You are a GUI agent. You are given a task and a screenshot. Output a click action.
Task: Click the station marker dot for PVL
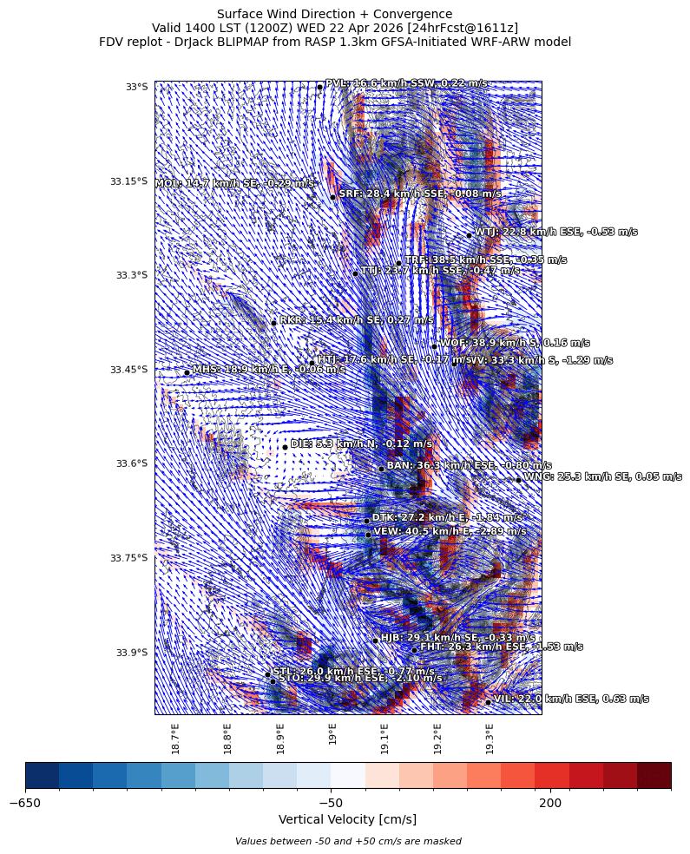tap(319, 87)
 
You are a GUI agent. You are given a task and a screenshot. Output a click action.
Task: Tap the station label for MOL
tap(234, 184)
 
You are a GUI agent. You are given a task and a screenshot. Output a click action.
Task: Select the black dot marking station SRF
tap(332, 197)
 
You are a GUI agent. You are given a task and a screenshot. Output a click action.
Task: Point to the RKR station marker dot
tap(273, 323)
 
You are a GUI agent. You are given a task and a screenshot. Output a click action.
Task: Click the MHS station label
tap(268, 369)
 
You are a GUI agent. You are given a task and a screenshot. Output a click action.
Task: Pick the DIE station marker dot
tap(285, 447)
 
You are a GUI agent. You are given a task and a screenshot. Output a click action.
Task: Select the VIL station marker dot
tap(488, 701)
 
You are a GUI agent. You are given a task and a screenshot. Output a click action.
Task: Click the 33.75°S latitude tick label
tap(128, 558)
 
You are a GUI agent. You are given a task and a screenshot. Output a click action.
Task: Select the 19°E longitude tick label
tap(332, 734)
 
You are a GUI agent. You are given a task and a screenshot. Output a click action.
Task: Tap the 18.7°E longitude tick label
tap(175, 737)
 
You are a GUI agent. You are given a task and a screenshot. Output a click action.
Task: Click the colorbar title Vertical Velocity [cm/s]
tap(347, 819)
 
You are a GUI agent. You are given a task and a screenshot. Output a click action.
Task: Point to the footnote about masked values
tap(347, 841)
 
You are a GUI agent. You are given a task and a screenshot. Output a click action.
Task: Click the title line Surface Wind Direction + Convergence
tap(334, 14)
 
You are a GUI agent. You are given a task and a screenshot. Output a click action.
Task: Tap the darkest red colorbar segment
tap(654, 774)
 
